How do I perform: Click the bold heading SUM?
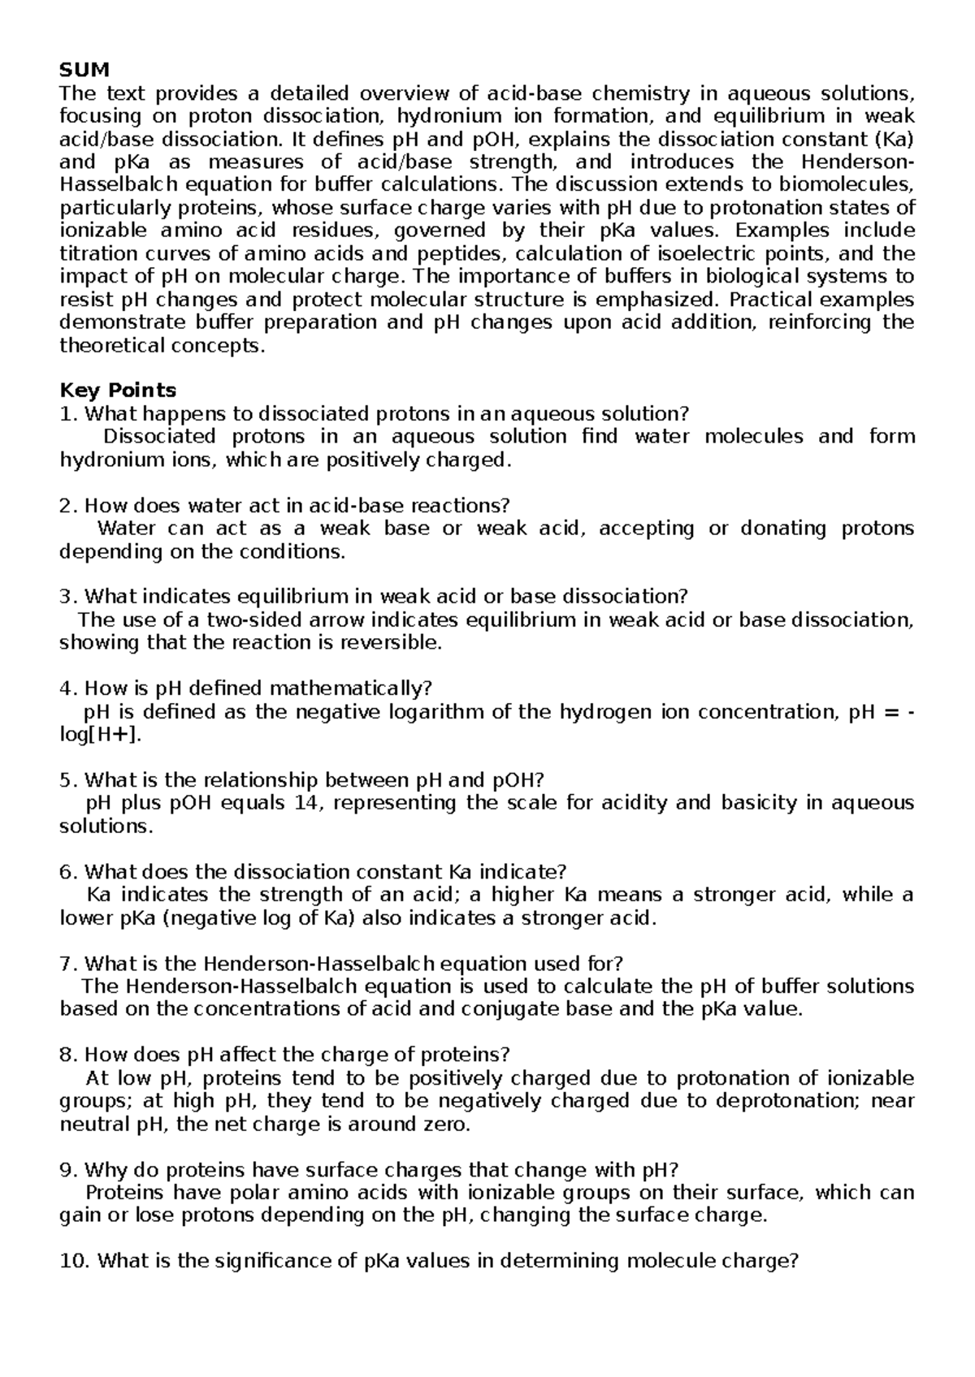click(x=84, y=70)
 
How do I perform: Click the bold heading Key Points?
click(x=119, y=391)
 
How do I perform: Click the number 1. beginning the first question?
click(x=69, y=414)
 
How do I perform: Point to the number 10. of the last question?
click(x=76, y=1262)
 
